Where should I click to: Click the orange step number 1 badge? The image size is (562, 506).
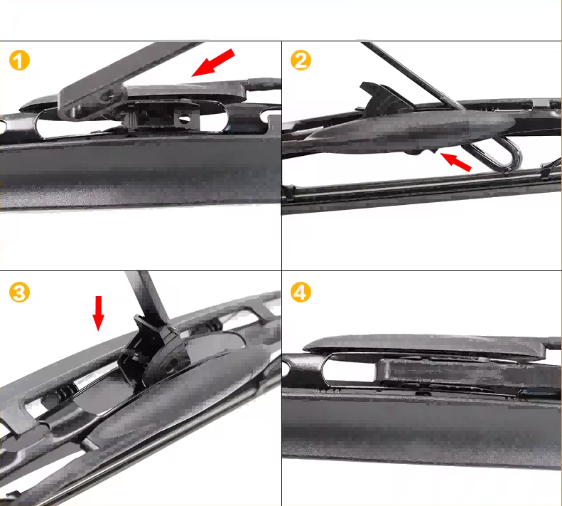[20, 60]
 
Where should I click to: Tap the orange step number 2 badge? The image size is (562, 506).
[301, 60]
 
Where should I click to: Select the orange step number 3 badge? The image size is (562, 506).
[20, 292]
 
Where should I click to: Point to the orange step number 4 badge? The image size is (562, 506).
[301, 292]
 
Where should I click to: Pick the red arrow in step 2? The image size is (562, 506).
[455, 162]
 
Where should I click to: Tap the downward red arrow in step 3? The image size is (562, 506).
[98, 313]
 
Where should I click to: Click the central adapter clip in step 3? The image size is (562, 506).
[158, 352]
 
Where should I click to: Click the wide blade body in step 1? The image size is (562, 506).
[135, 171]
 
